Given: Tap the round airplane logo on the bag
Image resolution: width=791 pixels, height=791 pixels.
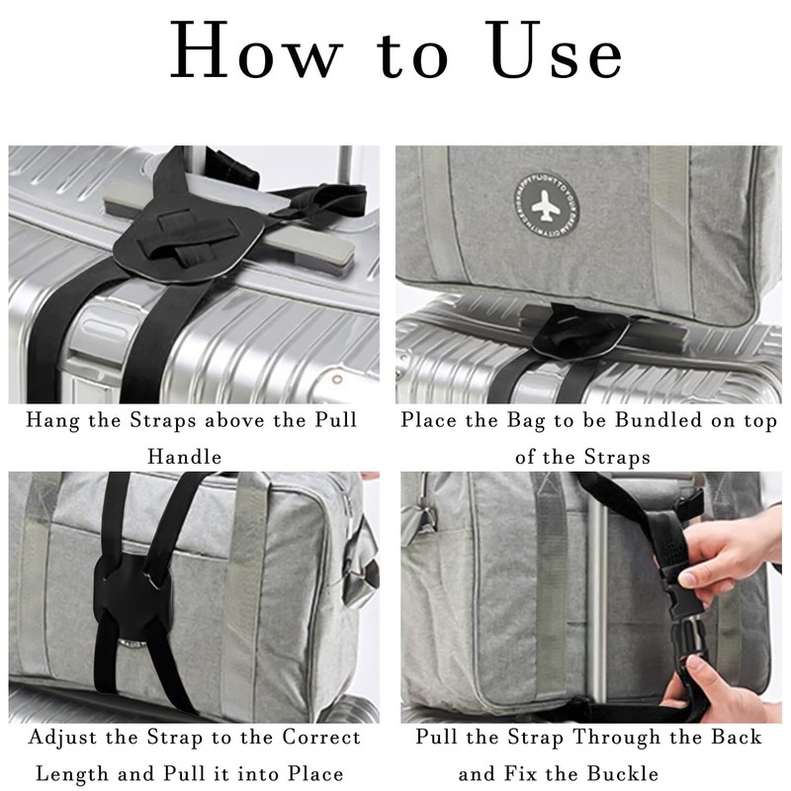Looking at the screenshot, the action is point(547,207).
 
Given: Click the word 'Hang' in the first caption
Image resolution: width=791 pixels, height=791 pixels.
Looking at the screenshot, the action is point(52,421).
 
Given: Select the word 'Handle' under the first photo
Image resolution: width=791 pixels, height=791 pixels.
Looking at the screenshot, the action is point(185,457).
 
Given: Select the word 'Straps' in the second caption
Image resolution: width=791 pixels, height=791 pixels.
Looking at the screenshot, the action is point(617,458).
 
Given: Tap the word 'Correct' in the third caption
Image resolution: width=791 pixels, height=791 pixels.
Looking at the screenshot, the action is point(321,737).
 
